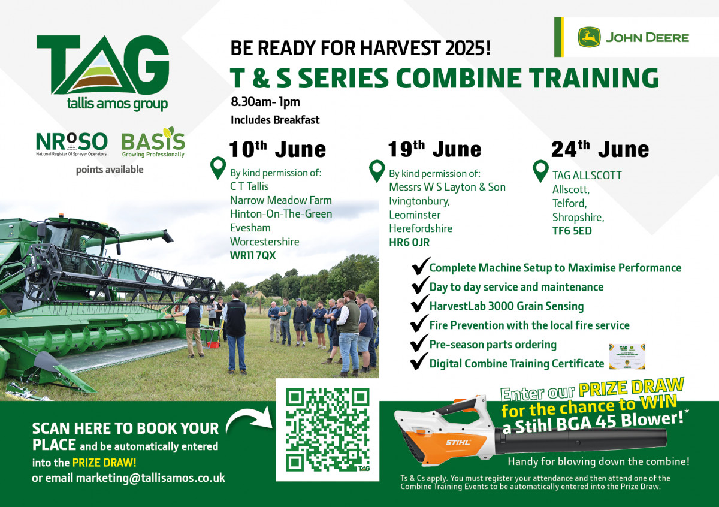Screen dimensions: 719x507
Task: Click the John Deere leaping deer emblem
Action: tap(589, 37)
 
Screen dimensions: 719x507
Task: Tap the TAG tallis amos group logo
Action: tap(102, 73)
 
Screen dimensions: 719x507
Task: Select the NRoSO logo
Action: tap(71, 144)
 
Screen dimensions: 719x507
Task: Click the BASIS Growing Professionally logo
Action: tap(153, 142)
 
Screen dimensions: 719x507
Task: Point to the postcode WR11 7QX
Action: tap(253, 255)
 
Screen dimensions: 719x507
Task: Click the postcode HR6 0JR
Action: tap(409, 242)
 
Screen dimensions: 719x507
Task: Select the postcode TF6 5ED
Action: tap(572, 231)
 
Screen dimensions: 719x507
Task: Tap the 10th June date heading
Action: tap(277, 149)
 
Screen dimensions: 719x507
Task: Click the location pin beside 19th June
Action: tap(377, 171)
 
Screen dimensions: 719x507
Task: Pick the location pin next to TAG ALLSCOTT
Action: tap(540, 171)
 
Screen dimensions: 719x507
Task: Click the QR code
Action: tap(328, 430)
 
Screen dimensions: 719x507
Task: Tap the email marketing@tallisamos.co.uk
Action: tap(150, 478)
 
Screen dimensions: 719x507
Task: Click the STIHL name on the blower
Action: tap(458, 442)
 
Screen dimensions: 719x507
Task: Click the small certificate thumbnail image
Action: tap(627, 357)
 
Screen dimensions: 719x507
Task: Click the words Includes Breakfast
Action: tap(275, 120)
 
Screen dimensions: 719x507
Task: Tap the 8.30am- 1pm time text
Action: tap(265, 102)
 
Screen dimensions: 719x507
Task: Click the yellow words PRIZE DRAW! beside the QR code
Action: tap(104, 463)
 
